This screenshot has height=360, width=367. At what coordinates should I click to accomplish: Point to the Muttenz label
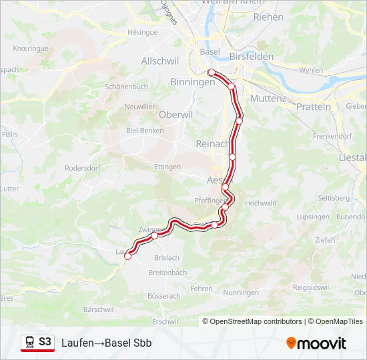coord(268,98)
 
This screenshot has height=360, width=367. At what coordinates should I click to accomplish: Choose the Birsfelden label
coord(251,57)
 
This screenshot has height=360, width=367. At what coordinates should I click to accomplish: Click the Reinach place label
coord(212,143)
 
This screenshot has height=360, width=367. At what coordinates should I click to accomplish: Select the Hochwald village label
coord(261,203)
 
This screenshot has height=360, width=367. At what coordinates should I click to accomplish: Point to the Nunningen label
coord(241,293)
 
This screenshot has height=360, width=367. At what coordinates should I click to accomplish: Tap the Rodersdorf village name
coord(83,168)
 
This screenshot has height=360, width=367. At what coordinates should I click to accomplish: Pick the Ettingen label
coord(167,167)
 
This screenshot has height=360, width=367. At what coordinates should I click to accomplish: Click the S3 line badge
coord(44,342)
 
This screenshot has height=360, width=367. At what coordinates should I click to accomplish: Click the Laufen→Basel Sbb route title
coord(107,343)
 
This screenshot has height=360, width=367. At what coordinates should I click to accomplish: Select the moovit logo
coord(316,343)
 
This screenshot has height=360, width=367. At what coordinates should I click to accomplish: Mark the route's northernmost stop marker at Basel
coord(211,72)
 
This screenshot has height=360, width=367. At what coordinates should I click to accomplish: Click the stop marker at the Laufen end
coord(127,256)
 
